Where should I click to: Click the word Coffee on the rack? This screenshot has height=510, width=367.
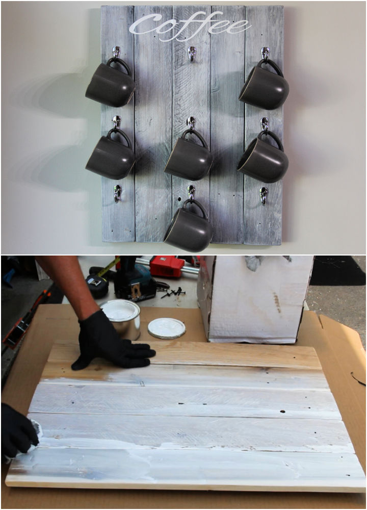190,25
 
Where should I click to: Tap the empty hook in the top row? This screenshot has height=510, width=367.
192,53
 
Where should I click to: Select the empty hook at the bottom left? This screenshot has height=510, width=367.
117,193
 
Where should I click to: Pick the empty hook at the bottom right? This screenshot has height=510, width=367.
264,194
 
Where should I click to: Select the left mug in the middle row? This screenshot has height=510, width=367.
110,159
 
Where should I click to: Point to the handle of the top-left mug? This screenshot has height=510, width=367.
120,65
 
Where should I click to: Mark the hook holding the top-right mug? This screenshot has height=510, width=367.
265,53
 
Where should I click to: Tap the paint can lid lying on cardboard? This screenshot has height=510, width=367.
167,328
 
